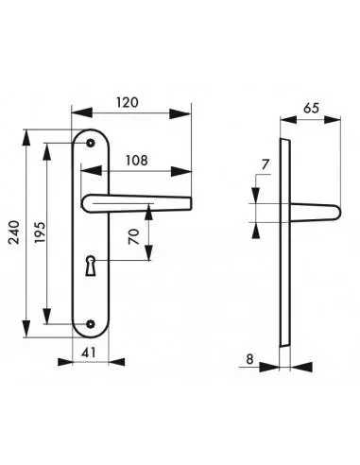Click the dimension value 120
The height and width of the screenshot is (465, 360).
(x=131, y=101)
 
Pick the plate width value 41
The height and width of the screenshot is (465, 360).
(x=91, y=353)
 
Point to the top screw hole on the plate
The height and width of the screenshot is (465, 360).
(x=91, y=143)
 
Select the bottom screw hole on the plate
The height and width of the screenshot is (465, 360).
(x=91, y=326)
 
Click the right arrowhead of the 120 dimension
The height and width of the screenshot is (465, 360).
(x=186, y=114)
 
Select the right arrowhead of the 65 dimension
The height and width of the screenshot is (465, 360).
(x=337, y=121)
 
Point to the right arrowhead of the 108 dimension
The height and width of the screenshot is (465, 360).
(x=186, y=172)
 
